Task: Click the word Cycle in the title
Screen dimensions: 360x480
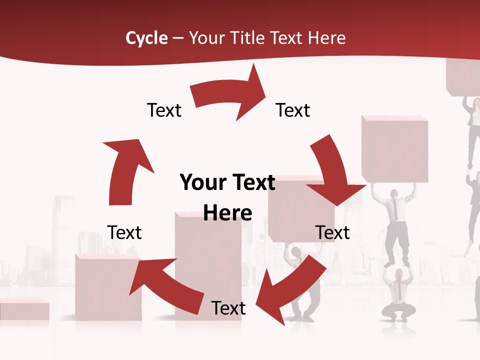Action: pyautogui.click(x=146, y=38)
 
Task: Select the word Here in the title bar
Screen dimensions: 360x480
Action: pyautogui.click(x=325, y=38)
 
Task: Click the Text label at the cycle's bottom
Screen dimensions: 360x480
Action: pyautogui.click(x=228, y=308)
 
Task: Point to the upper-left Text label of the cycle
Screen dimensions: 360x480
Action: pyautogui.click(x=164, y=110)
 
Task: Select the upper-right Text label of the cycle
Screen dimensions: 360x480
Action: pyautogui.click(x=293, y=110)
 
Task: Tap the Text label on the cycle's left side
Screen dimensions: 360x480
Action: pyautogui.click(x=124, y=232)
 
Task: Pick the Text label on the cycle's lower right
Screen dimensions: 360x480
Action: pyautogui.click(x=332, y=232)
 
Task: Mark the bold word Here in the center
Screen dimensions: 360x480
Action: pyautogui.click(x=227, y=213)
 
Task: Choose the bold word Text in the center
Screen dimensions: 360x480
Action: pyautogui.click(x=252, y=183)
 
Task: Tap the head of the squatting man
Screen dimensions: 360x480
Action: pyautogui.click(x=398, y=274)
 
